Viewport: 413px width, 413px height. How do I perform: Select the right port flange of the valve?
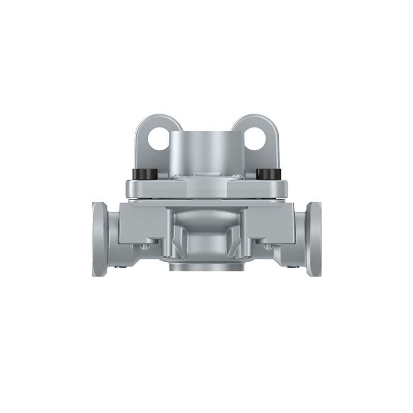(313, 239)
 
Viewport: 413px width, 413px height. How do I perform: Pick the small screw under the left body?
(147, 246)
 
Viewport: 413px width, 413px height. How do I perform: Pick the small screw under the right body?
(267, 246)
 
